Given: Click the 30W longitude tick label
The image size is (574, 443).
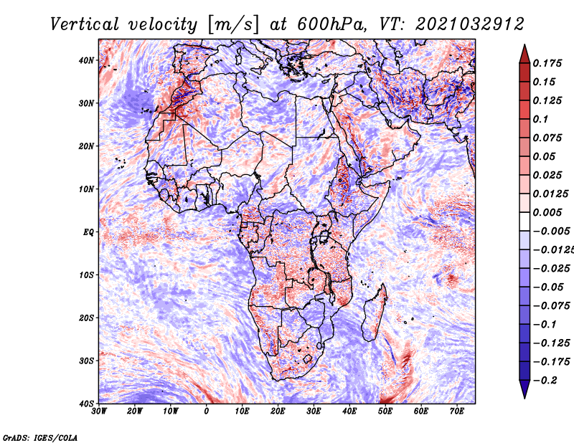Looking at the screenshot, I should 99,411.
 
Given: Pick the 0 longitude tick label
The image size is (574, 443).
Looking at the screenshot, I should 207,411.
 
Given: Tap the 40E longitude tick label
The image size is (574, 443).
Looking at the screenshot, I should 349,411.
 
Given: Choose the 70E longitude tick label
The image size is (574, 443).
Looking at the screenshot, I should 457,411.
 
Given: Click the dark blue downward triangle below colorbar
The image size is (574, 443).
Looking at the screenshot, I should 524,389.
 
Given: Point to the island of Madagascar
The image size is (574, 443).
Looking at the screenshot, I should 373,312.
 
